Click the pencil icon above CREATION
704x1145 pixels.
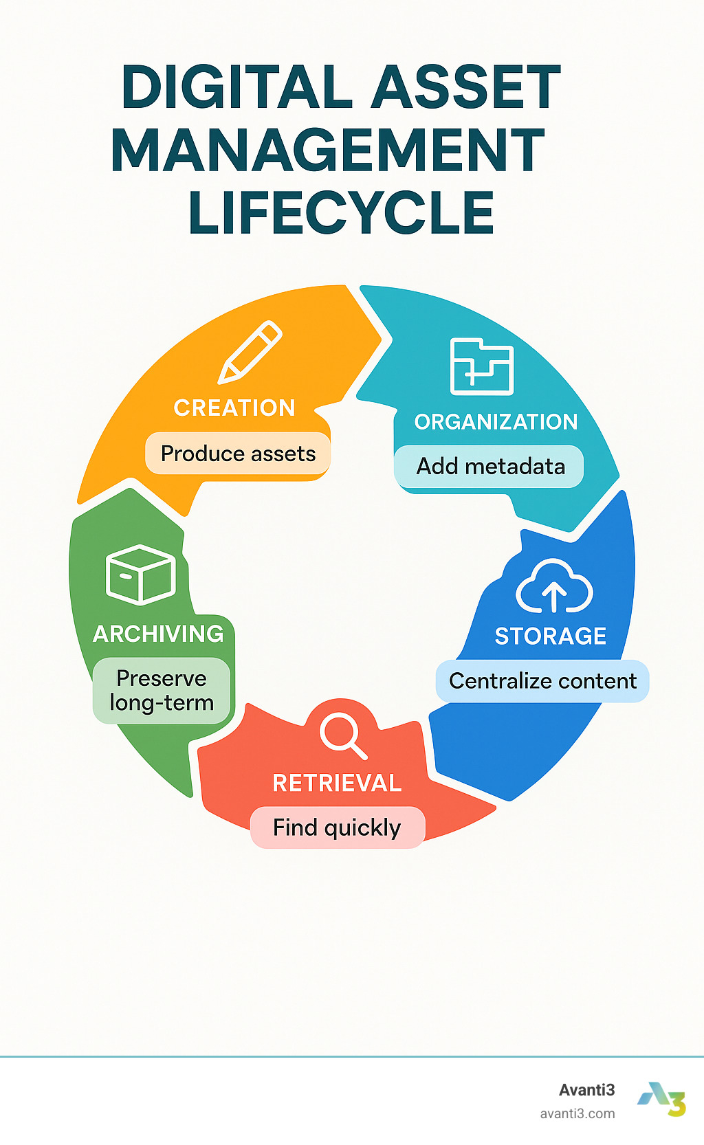(x=250, y=351)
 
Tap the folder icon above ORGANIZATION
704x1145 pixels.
(x=481, y=366)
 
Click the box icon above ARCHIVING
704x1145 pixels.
(x=141, y=575)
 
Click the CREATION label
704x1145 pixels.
(x=234, y=408)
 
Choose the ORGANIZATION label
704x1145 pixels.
(x=496, y=422)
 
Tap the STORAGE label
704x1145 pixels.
(x=550, y=636)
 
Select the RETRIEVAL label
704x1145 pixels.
(x=337, y=783)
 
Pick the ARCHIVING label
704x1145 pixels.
(x=158, y=634)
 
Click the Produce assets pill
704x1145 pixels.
(x=238, y=454)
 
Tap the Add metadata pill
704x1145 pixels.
(x=490, y=467)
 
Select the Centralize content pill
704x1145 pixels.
(x=542, y=681)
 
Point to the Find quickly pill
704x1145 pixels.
(x=337, y=827)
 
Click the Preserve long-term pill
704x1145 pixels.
(x=162, y=691)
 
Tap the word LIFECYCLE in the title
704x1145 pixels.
(x=342, y=213)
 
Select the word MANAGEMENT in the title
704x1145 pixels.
(x=328, y=151)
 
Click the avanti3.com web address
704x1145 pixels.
(x=577, y=1113)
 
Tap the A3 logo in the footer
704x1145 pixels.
(x=661, y=1099)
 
